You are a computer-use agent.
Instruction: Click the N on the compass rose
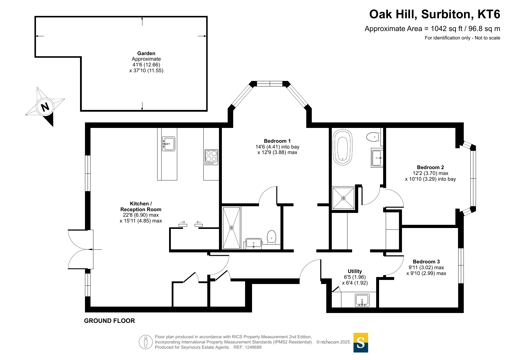(45, 107)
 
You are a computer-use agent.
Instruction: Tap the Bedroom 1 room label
(277, 141)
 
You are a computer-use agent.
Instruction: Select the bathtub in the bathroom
(343, 147)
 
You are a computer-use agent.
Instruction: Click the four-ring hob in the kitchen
(211, 157)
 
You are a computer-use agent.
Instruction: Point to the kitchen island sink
(169, 144)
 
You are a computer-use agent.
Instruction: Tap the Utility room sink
(362, 300)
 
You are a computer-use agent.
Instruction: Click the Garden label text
(146, 53)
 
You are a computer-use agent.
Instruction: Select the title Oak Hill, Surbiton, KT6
(434, 14)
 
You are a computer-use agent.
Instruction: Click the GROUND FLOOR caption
(109, 321)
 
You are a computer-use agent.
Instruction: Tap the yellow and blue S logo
(361, 343)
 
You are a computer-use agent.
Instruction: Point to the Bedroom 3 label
(426, 262)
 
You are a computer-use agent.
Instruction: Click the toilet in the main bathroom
(373, 136)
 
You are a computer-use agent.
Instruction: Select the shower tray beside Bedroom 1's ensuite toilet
(231, 228)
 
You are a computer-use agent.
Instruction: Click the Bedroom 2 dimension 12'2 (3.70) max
(430, 173)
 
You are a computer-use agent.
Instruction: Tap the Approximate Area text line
(432, 29)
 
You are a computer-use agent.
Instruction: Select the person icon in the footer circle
(146, 342)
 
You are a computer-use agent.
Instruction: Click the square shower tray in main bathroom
(343, 198)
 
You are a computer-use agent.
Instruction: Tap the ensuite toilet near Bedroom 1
(271, 237)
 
